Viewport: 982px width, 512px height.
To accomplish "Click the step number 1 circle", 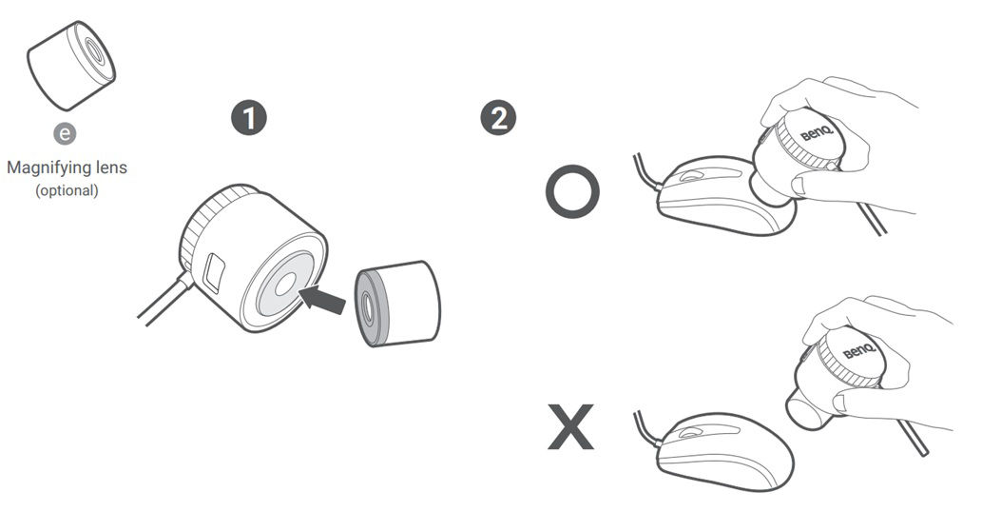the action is pos(249,118).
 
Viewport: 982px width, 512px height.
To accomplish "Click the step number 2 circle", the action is pos(498,117).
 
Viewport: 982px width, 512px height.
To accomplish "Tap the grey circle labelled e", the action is pos(65,133).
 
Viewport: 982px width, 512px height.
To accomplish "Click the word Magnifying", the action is pos(43,167).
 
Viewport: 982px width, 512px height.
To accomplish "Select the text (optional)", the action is pos(67,190).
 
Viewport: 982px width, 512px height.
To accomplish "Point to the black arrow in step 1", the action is pos(322,297).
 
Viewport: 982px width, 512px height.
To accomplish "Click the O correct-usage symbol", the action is pos(572,192).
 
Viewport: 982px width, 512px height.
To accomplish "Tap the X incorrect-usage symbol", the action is pos(570,426).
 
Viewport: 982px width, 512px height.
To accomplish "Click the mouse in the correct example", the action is pos(723,195).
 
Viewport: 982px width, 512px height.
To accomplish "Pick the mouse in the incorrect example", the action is pos(723,452).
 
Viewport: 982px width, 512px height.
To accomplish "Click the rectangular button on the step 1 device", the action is pos(214,272).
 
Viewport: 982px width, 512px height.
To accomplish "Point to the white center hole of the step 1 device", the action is pos(285,286).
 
